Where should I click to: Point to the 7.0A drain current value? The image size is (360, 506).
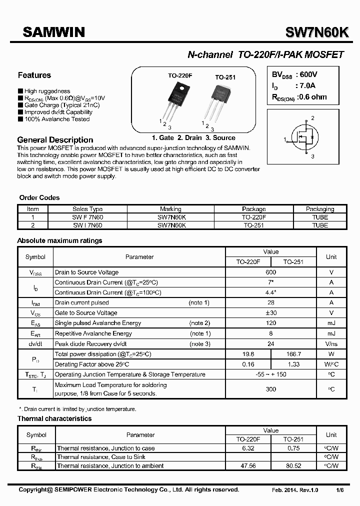(306, 86)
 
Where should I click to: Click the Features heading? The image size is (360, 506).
(34, 75)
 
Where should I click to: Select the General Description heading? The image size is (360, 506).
(55, 140)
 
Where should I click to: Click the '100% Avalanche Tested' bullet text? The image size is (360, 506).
(57, 119)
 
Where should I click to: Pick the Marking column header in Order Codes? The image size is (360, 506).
(170, 209)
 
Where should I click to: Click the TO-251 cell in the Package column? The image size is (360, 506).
(253, 225)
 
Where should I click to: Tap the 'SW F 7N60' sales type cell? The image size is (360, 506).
(87, 217)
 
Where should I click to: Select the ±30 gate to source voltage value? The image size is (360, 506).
(270, 313)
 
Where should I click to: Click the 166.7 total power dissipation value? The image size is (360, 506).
(293, 354)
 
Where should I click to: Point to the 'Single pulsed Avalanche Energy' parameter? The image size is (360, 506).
(98, 323)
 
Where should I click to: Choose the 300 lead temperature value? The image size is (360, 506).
(270, 389)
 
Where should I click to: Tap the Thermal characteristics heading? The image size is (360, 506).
(54, 418)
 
